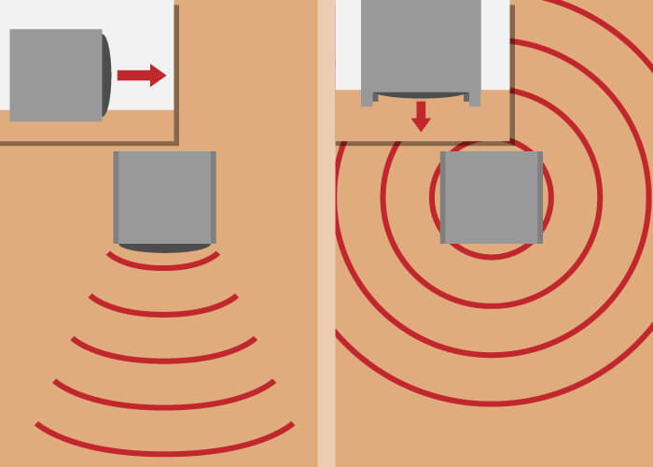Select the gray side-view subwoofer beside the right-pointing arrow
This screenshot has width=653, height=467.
pos(55,75)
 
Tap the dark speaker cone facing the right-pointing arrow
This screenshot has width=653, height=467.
pos(107,75)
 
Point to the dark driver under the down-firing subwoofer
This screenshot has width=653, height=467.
pos(421,95)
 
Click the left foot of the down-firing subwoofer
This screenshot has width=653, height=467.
pos(367,99)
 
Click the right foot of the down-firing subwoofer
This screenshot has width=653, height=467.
pos(475,99)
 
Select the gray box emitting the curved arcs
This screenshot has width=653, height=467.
pos(164,196)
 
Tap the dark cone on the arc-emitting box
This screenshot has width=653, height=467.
pos(164,248)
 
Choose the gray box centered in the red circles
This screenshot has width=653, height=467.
pos(491,197)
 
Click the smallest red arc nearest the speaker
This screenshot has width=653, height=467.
pos(164,266)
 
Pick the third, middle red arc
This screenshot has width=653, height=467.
pos(164,360)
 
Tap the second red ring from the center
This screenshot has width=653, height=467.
pos(491,305)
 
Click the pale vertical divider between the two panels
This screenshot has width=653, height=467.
pos(326,280)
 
